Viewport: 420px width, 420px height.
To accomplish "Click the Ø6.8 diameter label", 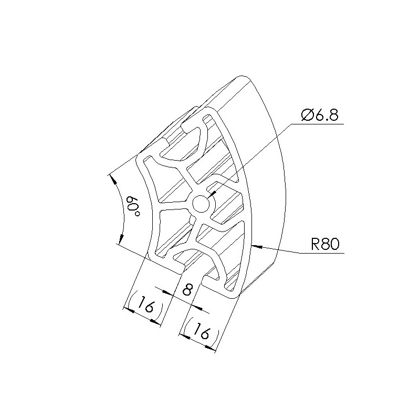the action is [320, 115].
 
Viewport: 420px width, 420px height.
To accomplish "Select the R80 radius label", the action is [325, 244].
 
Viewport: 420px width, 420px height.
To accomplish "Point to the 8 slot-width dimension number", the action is [188, 290].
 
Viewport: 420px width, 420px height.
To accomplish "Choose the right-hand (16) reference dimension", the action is [202, 332].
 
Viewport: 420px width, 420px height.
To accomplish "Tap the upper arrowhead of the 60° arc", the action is [114, 180].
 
